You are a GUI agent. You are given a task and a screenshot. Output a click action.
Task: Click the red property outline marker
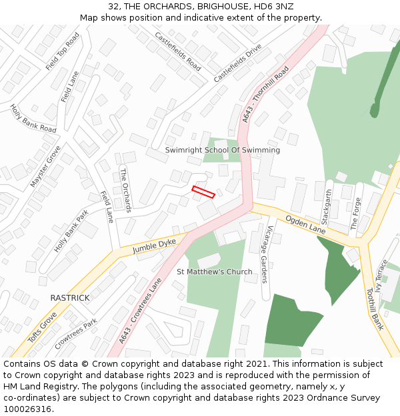(x=203, y=192)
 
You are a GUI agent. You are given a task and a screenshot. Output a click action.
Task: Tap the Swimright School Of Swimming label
(x=223, y=150)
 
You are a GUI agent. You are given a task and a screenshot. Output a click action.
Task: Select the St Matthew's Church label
(x=215, y=272)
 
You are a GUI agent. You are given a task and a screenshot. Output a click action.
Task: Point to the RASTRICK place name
(x=70, y=298)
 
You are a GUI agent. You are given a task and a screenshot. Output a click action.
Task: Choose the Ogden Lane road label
(x=305, y=224)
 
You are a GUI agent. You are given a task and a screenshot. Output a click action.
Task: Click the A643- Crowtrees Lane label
(x=141, y=311)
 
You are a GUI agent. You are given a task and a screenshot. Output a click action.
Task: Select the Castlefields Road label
(x=177, y=51)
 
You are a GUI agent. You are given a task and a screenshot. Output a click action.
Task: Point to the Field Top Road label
(x=62, y=51)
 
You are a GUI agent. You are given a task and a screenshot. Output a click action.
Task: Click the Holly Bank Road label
(x=33, y=118)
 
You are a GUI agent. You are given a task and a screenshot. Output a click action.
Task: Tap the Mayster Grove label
(x=45, y=166)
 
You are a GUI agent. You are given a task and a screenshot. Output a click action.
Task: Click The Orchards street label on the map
(x=125, y=190)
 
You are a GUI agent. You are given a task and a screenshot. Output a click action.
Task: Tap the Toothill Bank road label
(x=375, y=309)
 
